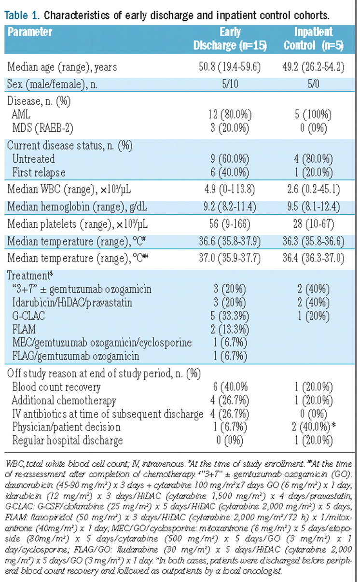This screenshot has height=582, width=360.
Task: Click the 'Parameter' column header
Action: [x=30, y=32]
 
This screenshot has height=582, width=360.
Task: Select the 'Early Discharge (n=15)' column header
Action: [x=230, y=39]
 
